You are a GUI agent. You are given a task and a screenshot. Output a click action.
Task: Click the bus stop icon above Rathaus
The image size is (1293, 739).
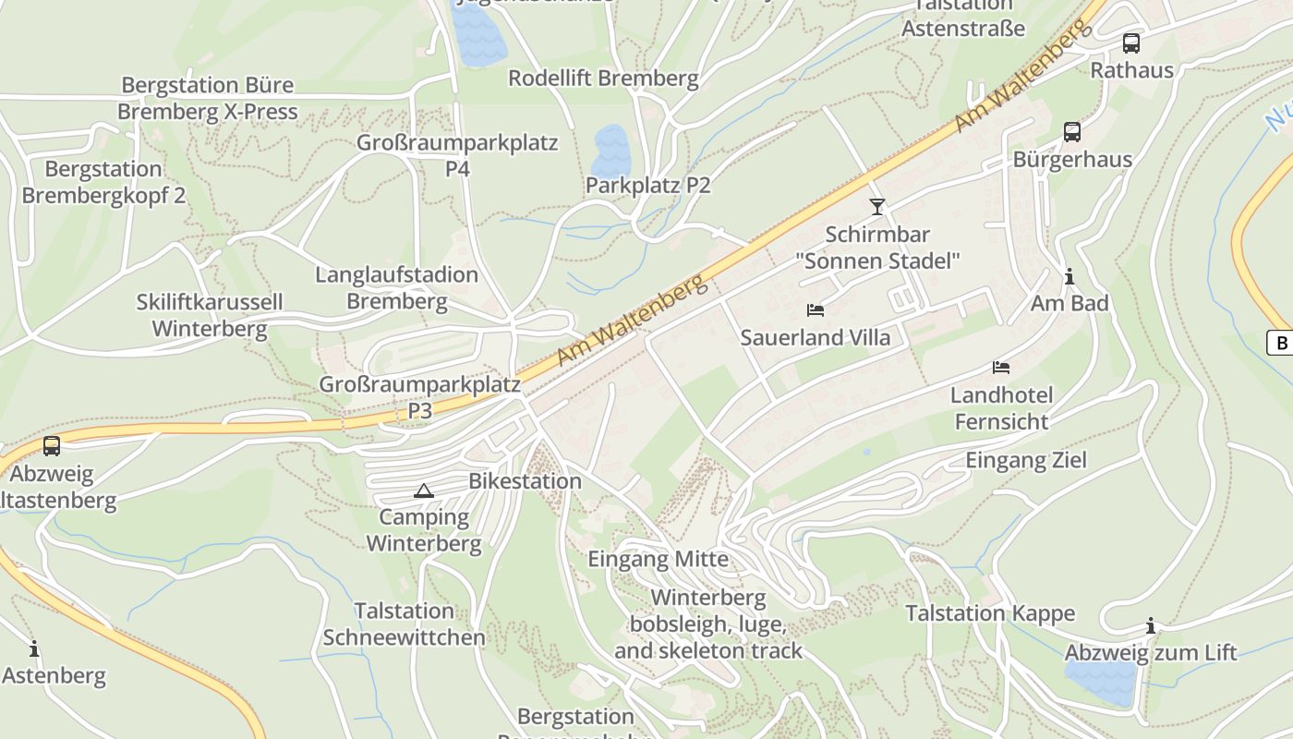coord(1130,42)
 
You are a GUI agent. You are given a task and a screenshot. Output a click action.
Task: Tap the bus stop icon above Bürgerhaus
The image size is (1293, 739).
coord(1071,132)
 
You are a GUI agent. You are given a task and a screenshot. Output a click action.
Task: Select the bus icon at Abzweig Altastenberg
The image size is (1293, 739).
coord(52,446)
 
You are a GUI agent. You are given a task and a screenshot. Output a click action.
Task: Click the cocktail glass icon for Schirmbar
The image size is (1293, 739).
coord(876,206)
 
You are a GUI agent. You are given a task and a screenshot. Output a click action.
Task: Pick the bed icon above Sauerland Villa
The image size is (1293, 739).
coord(815,310)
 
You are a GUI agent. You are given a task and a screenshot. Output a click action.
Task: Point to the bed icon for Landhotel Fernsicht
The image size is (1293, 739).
coord(1000,368)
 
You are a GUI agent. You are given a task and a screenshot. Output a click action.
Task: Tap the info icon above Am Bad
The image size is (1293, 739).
coord(1069,276)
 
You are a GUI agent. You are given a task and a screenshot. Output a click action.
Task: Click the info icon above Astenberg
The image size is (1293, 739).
coord(34,648)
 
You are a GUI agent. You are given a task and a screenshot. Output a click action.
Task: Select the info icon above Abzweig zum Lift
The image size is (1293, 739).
coord(1150,626)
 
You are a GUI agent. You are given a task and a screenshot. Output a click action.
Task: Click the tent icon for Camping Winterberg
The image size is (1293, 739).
coord(423,491)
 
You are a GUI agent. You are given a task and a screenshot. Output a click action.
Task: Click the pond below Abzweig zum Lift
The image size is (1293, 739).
coord(1100,683)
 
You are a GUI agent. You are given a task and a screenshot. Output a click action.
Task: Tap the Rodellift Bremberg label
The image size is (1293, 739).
coord(603,79)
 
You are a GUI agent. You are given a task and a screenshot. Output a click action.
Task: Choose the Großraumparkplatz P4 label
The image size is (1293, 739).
coord(457,155)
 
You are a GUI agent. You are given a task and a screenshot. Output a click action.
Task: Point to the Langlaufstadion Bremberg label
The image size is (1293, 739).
coord(396,287)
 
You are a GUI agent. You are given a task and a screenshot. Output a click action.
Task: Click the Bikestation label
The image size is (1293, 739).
coord(525,481)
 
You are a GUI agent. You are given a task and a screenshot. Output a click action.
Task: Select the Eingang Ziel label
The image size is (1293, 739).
coord(1025,460)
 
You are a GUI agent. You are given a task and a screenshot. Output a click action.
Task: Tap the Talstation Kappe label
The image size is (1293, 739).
coord(990,613)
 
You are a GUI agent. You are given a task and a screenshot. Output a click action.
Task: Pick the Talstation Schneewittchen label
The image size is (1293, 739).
coord(404,624)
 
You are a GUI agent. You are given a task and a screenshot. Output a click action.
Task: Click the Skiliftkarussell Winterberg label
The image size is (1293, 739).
coord(210,315)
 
